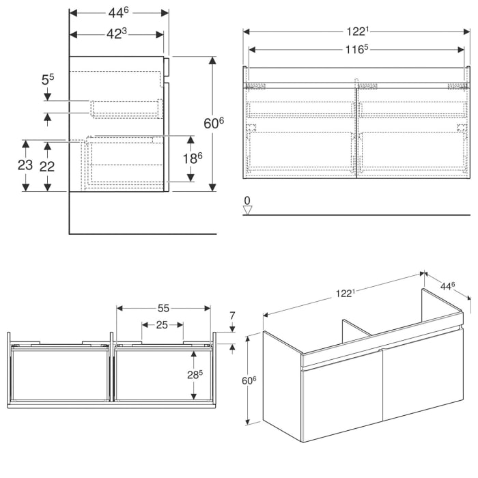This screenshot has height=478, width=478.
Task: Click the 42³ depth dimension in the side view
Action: click(x=117, y=34)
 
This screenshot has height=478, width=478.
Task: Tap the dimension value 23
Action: click(x=25, y=166)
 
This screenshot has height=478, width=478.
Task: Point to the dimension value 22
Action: click(x=47, y=166)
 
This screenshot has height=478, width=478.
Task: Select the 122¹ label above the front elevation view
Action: click(x=357, y=31)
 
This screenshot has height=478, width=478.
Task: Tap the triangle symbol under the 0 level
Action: click(x=248, y=210)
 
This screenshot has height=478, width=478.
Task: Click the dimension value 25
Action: click(x=162, y=325)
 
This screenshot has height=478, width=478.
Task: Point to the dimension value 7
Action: click(x=232, y=316)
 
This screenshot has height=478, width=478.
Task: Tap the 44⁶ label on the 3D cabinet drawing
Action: click(x=449, y=285)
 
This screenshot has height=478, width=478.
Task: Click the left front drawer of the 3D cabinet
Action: click(x=341, y=396)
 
